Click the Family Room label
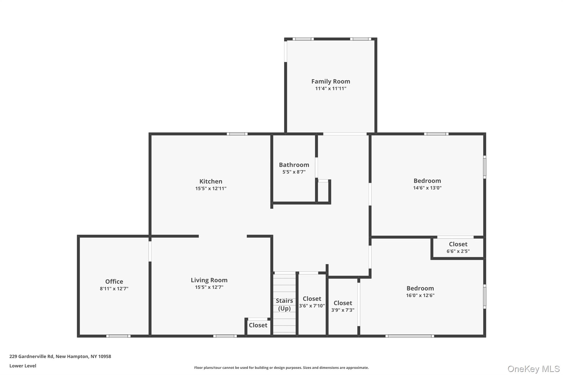[x=330, y=81]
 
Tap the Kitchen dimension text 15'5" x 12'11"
[x=211, y=188]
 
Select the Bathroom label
[x=294, y=165]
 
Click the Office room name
[x=114, y=282]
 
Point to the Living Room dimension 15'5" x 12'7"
[x=209, y=287]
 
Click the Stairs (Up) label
[x=284, y=304]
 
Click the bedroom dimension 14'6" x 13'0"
[x=427, y=188]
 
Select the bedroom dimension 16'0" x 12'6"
[x=420, y=296]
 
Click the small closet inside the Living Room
[x=258, y=325]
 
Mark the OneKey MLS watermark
[x=534, y=369]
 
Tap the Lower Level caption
[x=23, y=366]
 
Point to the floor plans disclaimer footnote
[x=281, y=368]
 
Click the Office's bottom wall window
[x=118, y=336]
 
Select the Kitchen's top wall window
[x=237, y=134]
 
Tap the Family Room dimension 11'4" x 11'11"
[x=330, y=88]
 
